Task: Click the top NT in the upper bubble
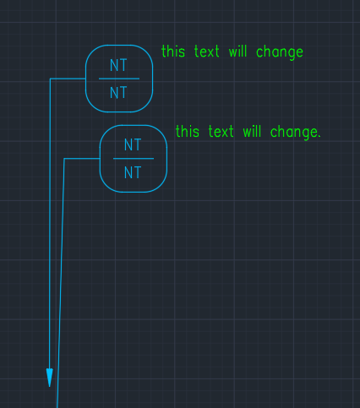[x=118, y=65]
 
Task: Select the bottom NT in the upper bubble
[x=118, y=92]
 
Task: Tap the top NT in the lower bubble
[x=133, y=144]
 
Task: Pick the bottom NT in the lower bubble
[x=133, y=172]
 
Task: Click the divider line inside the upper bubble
[x=119, y=79]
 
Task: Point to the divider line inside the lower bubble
[x=134, y=159]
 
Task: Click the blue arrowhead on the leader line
[x=50, y=378]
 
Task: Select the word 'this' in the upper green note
[x=173, y=52]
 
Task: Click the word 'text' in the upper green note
[x=207, y=52]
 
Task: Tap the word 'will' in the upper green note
[x=237, y=52]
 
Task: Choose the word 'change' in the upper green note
[x=280, y=52]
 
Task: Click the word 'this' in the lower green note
[x=188, y=131]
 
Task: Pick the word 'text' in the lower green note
[x=221, y=131]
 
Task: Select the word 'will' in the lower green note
[x=252, y=131]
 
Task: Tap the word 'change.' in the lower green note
[x=296, y=133]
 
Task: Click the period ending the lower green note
[x=319, y=137]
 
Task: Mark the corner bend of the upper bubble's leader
[x=50, y=79]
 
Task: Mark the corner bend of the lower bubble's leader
[x=64, y=159]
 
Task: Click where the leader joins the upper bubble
[x=85, y=79]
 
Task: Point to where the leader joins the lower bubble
[x=100, y=159]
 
